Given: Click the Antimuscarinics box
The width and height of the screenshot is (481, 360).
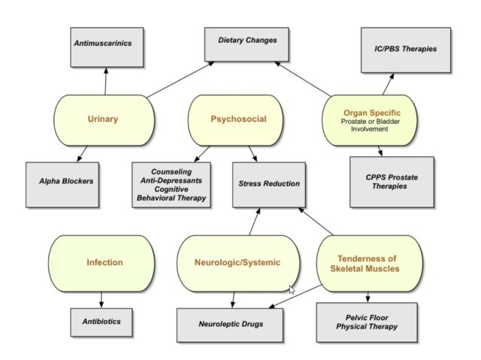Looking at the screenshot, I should [x=103, y=44].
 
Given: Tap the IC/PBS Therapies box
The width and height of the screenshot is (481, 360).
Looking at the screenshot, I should [x=406, y=50].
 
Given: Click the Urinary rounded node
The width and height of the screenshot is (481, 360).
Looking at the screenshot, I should [x=103, y=119].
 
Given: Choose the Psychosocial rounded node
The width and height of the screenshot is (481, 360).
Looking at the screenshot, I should [x=238, y=119].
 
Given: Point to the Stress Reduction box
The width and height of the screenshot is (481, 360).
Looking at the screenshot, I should [x=269, y=183].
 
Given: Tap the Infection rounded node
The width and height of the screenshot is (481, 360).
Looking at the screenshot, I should [x=104, y=262].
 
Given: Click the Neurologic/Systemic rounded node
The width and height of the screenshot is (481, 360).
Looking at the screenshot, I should [x=238, y=262].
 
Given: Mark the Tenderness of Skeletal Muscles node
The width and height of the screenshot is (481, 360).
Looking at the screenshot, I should [x=368, y=264].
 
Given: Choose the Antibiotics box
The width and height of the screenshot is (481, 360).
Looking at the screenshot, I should [x=101, y=322].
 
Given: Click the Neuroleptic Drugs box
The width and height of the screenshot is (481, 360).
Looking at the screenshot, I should [x=231, y=324].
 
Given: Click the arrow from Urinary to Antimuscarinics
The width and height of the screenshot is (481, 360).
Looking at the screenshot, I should [x=105, y=80].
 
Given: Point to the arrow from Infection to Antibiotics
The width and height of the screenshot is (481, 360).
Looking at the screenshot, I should [x=101, y=298].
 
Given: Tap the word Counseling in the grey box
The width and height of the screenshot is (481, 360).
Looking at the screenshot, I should [x=172, y=171].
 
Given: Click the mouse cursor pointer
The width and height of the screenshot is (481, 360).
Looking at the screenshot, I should [x=292, y=289].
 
